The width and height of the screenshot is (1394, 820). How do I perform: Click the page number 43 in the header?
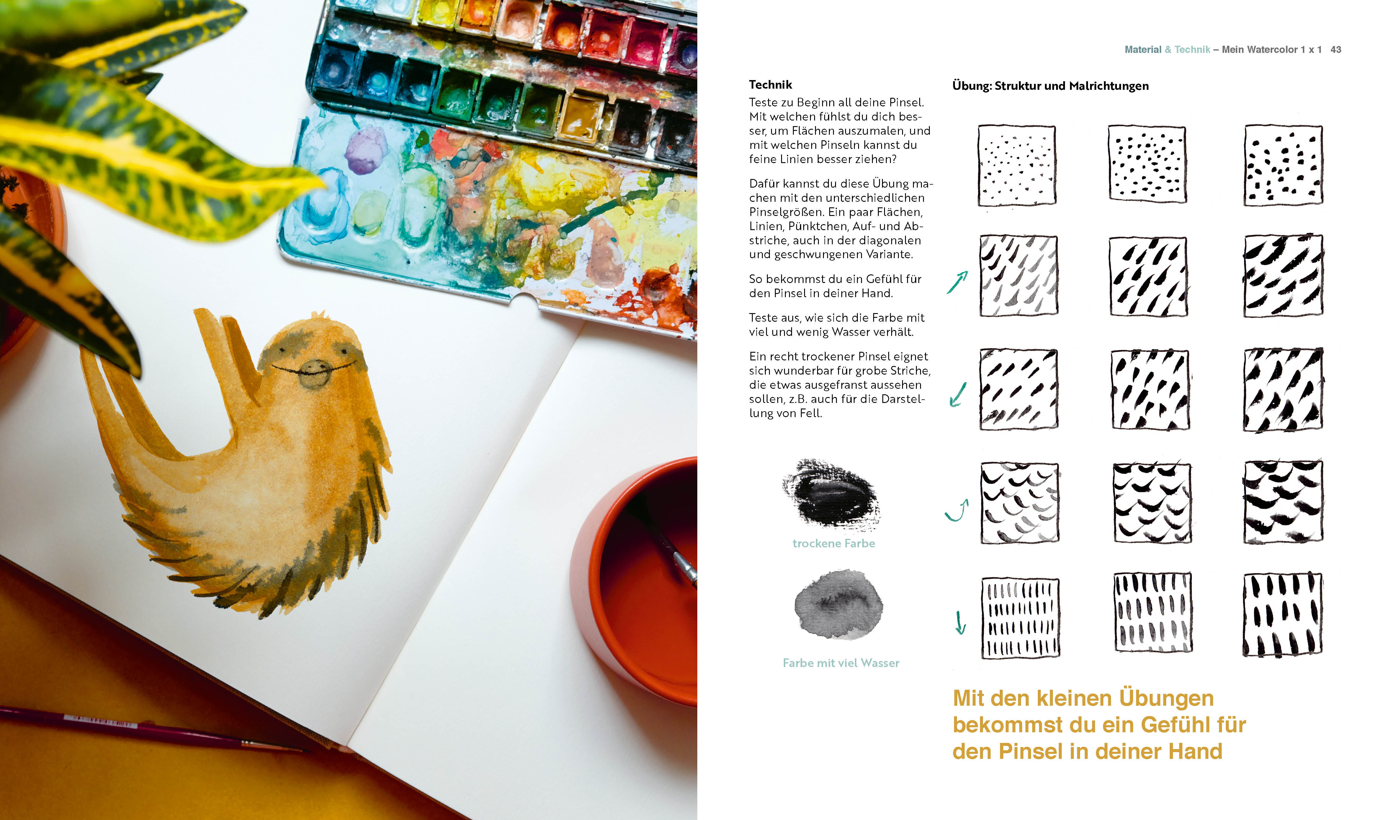pyautogui.click(x=1335, y=50)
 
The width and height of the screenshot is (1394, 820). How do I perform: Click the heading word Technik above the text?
pyautogui.click(x=770, y=85)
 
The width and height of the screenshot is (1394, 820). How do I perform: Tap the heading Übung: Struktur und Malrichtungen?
pyautogui.click(x=1050, y=86)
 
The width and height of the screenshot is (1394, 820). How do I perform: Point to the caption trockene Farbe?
pyautogui.click(x=834, y=543)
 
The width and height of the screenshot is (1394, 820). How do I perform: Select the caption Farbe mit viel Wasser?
pyautogui.click(x=841, y=663)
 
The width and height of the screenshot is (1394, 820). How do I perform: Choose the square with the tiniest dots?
pyautogui.click(x=1017, y=165)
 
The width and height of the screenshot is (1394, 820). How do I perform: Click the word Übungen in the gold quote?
pyautogui.click(x=1167, y=698)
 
